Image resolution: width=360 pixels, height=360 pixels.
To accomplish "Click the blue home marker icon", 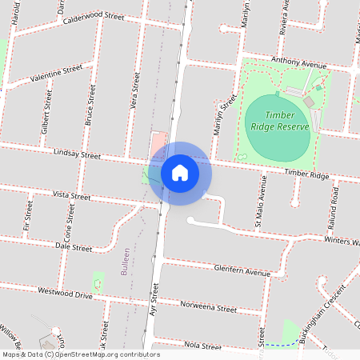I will (180, 172).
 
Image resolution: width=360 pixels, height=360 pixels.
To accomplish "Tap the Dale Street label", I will (75, 248).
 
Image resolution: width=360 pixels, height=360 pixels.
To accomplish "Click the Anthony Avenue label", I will (300, 63).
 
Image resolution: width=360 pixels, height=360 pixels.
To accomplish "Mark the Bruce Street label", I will (90, 107).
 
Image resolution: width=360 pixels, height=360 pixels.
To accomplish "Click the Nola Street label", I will (202, 346).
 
